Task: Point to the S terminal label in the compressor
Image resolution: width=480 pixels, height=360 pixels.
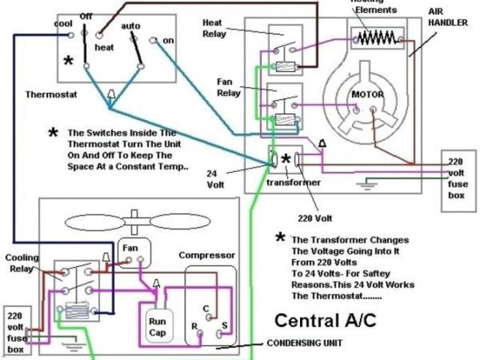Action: click(225, 327)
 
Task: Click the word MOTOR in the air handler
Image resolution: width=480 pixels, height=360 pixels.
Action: click(368, 95)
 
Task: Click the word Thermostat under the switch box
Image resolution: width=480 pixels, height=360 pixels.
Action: click(50, 95)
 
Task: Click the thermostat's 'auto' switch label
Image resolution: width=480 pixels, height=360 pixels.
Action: click(130, 25)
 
